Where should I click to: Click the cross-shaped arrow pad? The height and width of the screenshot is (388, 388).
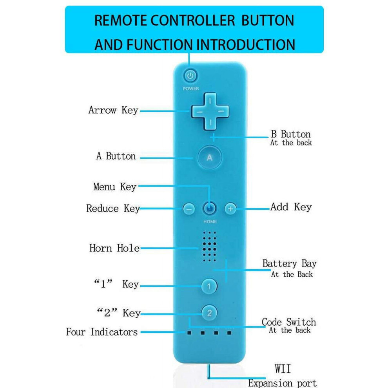click(x=210, y=112)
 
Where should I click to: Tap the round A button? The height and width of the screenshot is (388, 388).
click(x=210, y=158)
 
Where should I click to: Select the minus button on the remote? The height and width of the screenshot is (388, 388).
click(x=189, y=209)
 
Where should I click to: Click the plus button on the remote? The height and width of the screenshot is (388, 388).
click(x=230, y=209)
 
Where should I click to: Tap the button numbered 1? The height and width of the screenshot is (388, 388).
click(x=209, y=286)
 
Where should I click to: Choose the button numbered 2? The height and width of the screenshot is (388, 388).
click(x=209, y=313)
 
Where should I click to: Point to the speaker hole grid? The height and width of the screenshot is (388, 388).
click(x=209, y=247)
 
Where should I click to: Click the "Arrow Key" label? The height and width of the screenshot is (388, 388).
click(x=113, y=110)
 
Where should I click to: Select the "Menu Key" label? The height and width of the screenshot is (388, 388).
click(x=115, y=187)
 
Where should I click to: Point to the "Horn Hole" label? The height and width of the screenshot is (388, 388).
click(x=114, y=248)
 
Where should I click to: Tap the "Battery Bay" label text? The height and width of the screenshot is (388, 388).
click(x=290, y=263)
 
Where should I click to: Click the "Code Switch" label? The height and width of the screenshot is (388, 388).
click(x=289, y=322)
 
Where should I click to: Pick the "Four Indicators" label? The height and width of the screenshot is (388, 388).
click(x=102, y=332)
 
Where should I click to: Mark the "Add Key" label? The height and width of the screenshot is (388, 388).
click(x=291, y=207)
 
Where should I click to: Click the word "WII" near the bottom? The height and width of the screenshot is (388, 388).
click(x=283, y=369)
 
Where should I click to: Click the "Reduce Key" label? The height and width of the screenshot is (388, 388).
click(x=113, y=209)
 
